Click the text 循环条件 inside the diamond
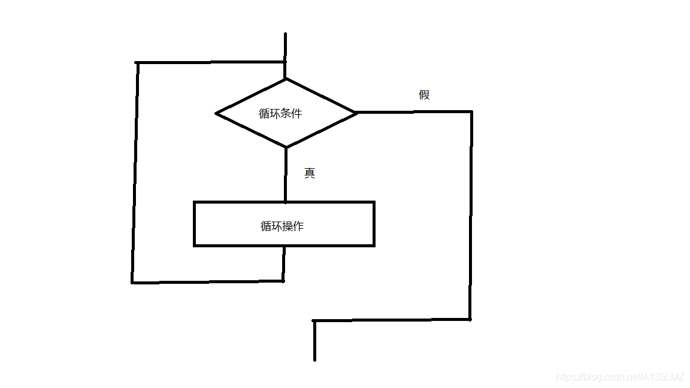click(280, 113)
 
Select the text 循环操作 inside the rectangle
click(282, 226)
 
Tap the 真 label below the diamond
click(310, 173)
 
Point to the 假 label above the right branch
click(424, 95)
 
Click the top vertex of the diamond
click(285, 79)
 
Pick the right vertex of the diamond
click(357, 112)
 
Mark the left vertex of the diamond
click(216, 113)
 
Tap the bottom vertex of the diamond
click(286, 147)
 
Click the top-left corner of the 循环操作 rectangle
click(195, 202)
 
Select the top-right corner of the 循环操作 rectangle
click(374, 202)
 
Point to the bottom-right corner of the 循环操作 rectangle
click(374, 245)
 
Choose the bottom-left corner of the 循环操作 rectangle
click(195, 245)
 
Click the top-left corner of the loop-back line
click(137, 62)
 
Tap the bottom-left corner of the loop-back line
click(132, 282)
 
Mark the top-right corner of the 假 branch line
click(471, 111)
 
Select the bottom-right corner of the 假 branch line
click(470, 319)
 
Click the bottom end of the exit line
click(314, 360)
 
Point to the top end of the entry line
click(285, 34)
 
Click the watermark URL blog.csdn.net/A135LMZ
click(620, 377)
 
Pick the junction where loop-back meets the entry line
click(285, 62)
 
